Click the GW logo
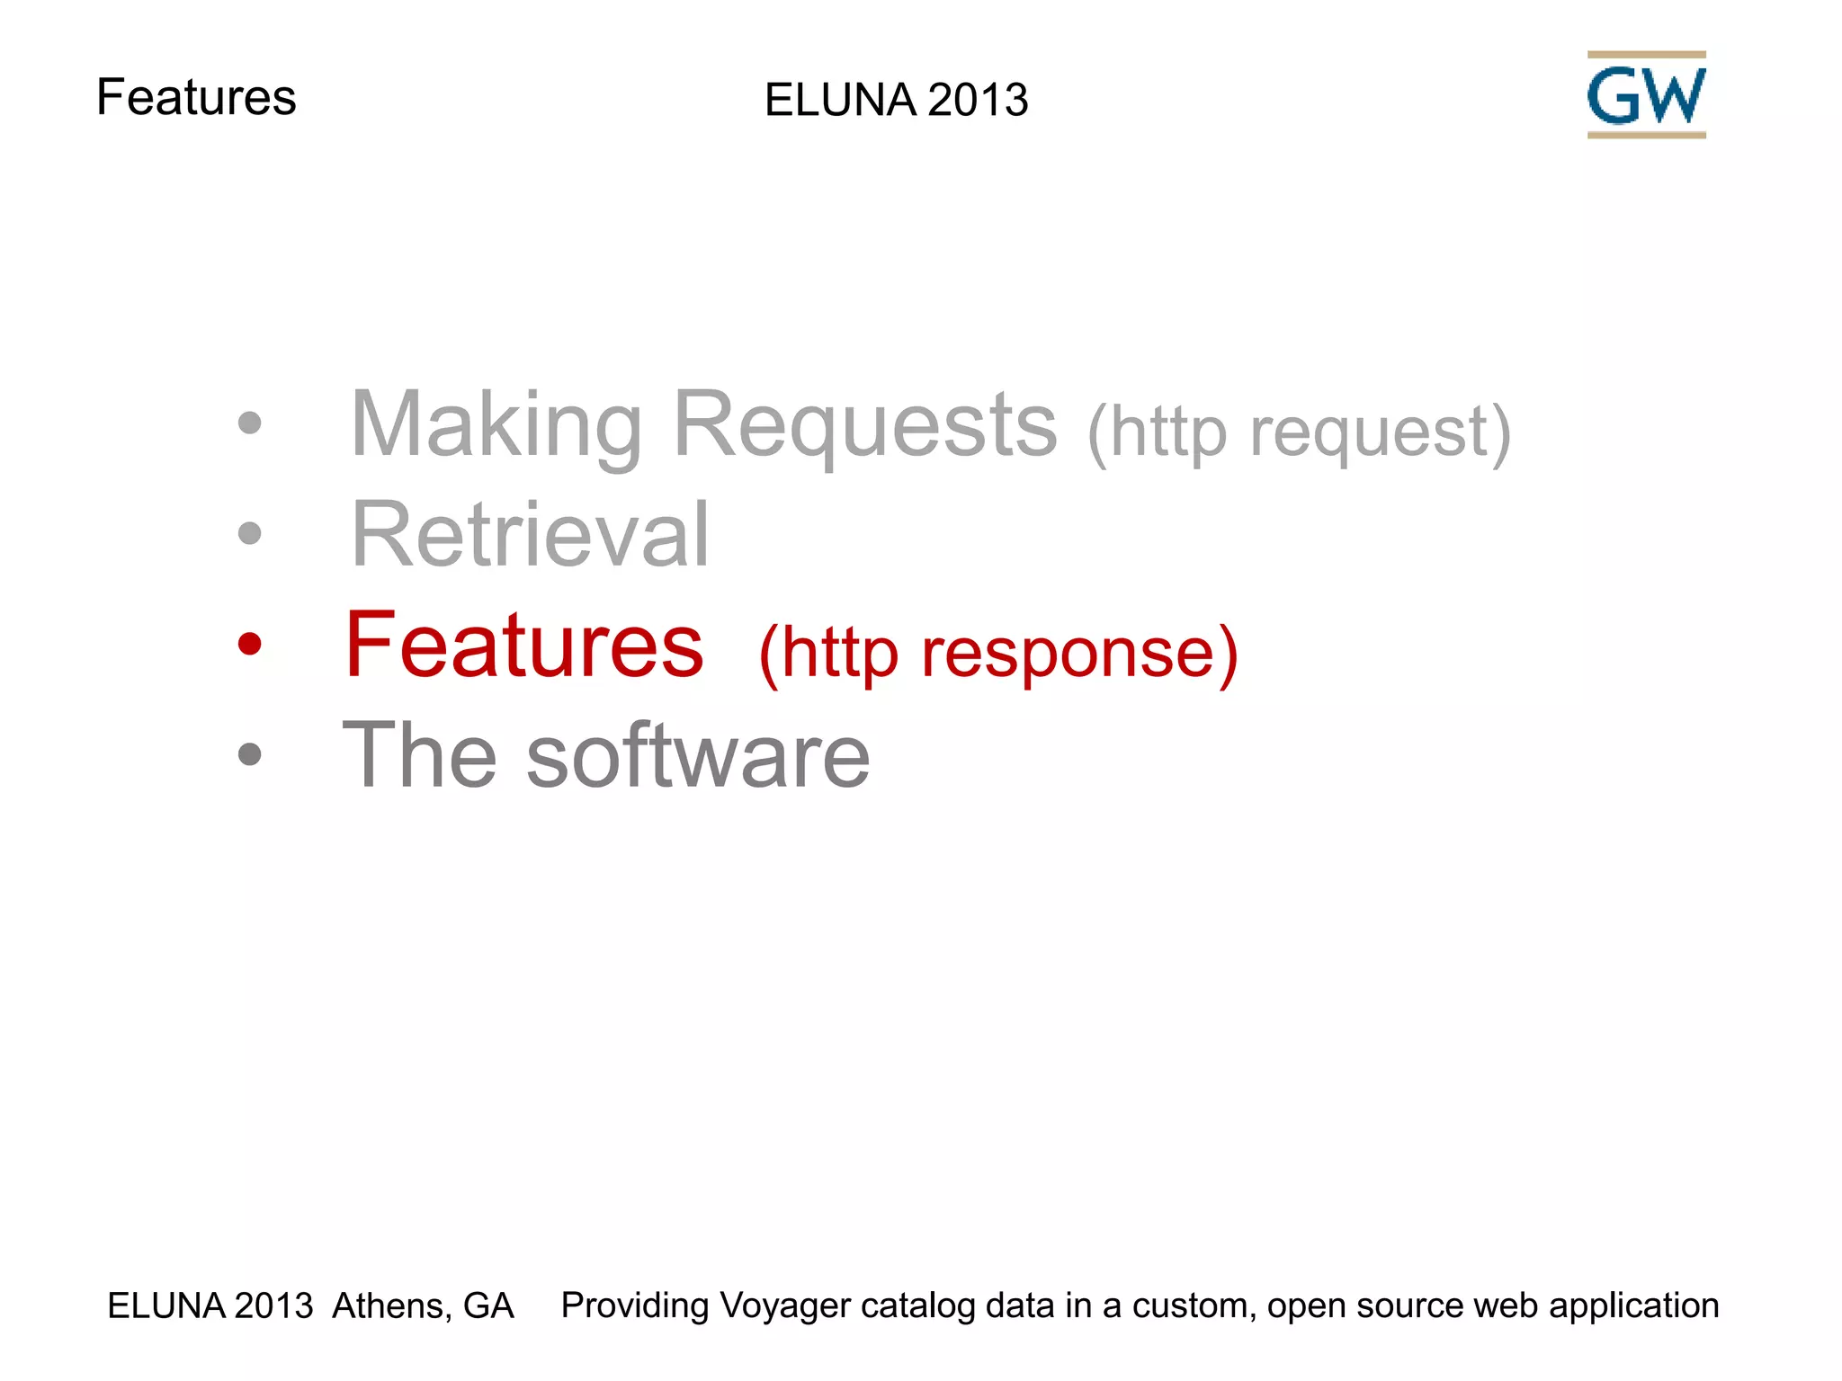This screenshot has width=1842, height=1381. coord(1646,95)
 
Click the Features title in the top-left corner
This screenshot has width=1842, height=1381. coord(196,97)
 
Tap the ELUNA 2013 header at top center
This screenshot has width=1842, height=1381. coord(896,100)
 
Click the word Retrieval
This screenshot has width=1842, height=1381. coord(531,535)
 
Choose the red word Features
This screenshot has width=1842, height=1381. coord(524,646)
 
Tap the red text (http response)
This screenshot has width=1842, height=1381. coord(998,653)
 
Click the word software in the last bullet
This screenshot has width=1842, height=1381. coord(698,756)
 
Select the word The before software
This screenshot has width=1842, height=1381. coord(420,756)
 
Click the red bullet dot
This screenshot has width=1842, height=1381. coord(249,644)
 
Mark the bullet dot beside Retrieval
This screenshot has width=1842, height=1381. coord(249,533)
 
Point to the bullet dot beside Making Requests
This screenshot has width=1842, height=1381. coord(249,423)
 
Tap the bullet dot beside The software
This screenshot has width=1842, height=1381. coord(249,754)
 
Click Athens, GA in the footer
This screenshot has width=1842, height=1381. coord(423,1305)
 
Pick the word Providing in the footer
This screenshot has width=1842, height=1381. coord(635,1305)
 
